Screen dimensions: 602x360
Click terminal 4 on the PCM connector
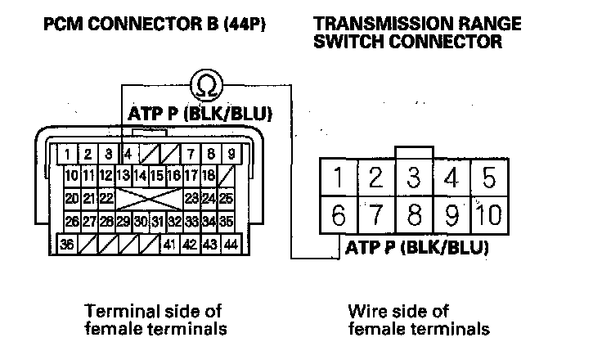128,153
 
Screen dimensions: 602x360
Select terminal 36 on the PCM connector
67,244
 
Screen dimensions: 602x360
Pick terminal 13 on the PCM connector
124,175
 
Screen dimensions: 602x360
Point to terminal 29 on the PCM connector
124,221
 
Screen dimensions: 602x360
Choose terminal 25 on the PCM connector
227,198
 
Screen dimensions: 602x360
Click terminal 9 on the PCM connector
231,153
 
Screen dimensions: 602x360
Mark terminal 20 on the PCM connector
71,198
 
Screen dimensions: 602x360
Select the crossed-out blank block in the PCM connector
148,198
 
